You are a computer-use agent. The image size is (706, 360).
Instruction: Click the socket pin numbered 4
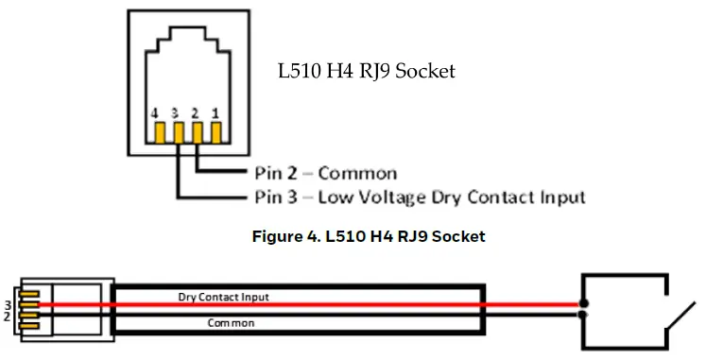point(159,132)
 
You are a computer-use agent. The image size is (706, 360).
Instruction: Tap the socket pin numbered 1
point(216,132)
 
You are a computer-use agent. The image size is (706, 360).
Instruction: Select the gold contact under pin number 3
point(178,132)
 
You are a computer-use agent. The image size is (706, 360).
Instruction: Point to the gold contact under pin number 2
point(198,132)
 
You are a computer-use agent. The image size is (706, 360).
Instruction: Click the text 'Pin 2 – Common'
point(325,173)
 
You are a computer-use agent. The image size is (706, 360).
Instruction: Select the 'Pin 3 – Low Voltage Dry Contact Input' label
point(420,197)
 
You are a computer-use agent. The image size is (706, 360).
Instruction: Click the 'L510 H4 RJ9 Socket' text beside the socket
point(366,71)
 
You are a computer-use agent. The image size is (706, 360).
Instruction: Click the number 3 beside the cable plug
point(8,305)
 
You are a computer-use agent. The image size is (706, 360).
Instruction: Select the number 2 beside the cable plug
point(8,317)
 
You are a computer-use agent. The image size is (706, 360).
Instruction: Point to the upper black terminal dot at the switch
point(583,305)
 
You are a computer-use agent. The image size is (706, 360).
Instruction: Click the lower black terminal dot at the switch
point(583,315)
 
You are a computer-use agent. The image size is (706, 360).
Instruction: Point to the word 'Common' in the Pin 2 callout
point(357,173)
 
